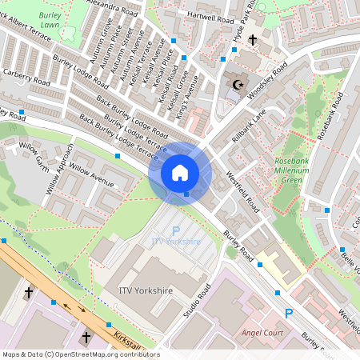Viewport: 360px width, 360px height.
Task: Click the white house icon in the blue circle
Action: (179, 173)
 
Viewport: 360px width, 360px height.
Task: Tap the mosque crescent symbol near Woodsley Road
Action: (236, 83)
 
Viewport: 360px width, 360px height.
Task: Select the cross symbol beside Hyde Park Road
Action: (253, 39)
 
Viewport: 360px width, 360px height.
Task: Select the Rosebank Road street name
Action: (330, 117)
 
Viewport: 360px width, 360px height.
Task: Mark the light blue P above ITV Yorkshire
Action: (176, 230)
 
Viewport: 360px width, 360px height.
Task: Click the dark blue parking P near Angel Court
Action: (288, 314)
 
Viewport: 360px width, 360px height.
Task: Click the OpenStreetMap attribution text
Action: (80, 354)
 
